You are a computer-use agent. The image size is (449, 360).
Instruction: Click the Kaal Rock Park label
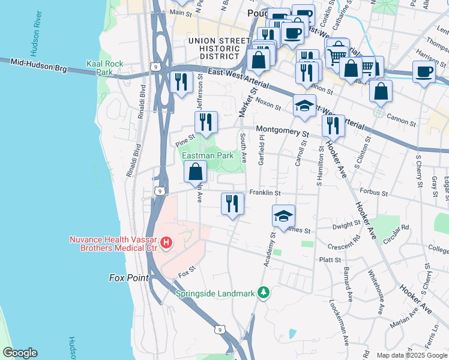pos(100,67)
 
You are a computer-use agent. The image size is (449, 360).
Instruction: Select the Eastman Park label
pos(208,155)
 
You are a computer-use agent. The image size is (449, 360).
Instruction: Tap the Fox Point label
pos(129,278)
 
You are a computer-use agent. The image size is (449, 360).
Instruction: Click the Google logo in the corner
pos(20,353)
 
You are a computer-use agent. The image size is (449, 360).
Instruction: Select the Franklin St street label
pos(265,193)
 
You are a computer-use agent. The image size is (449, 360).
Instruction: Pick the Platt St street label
pos(330,260)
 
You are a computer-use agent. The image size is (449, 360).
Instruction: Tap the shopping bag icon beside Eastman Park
pos(196,173)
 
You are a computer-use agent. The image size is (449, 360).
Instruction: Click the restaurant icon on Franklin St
pos(231,203)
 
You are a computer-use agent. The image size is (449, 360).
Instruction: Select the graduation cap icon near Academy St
pos(283,215)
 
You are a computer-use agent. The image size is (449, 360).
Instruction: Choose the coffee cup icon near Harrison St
pos(424,71)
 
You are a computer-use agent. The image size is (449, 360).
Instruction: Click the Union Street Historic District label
pos(218,48)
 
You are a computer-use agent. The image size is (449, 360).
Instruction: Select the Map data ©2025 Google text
pos(412,355)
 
